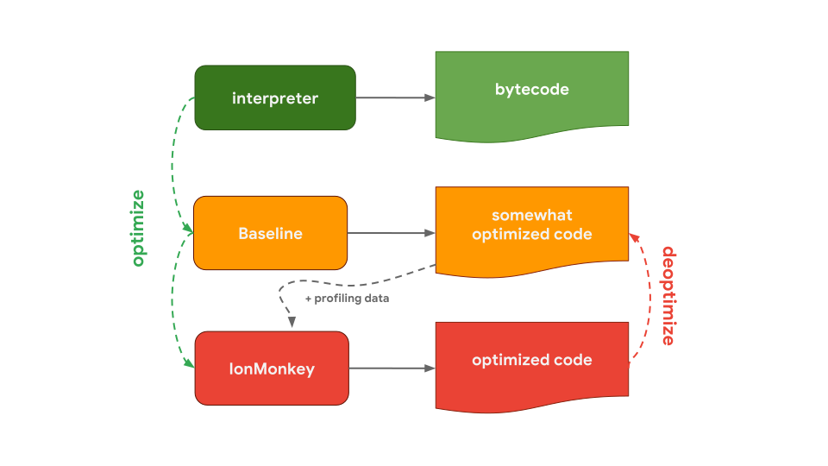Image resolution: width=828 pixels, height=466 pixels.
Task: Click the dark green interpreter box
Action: pos(274,98)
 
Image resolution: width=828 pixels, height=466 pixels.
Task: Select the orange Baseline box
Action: pos(270,233)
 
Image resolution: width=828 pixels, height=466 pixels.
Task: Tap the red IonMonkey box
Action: pos(272,368)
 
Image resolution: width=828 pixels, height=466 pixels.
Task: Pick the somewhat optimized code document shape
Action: pos(531,226)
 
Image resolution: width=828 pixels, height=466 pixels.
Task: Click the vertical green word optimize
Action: pos(138,228)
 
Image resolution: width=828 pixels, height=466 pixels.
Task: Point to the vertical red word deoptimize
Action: pos(668,295)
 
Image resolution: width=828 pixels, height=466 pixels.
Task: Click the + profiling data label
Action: pos(347,299)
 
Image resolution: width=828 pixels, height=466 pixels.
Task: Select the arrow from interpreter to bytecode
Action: pos(392,98)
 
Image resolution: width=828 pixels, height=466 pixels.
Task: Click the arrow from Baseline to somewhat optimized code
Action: pos(388,233)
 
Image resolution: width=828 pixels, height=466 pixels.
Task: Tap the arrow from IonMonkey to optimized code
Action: pos(390,368)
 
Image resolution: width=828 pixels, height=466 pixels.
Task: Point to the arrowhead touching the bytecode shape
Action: pos(430,98)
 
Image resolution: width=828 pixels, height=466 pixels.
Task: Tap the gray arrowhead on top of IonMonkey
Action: pos(292,323)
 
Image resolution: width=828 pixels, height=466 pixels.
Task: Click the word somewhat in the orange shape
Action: pos(531,215)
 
